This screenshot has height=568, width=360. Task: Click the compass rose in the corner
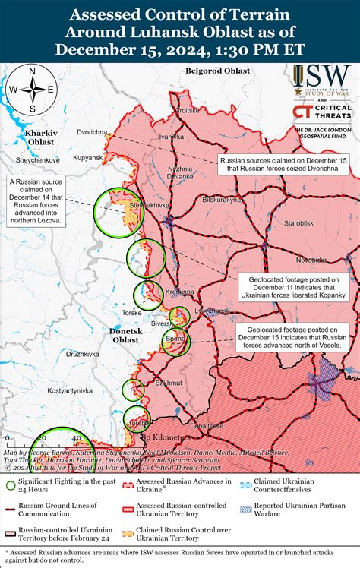click(x=31, y=89)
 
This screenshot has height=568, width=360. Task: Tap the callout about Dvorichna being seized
click(x=285, y=165)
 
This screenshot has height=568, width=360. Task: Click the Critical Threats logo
click(x=321, y=112)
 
